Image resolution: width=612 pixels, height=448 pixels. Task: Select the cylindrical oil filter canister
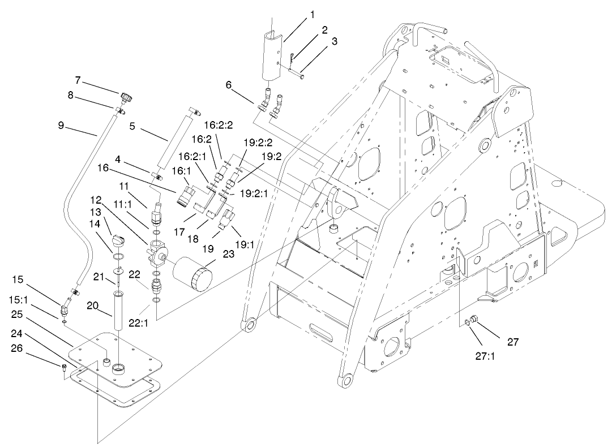tap(192, 273)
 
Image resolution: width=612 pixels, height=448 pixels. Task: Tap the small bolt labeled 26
tap(66, 367)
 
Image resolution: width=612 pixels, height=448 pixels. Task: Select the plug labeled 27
tap(475, 321)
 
